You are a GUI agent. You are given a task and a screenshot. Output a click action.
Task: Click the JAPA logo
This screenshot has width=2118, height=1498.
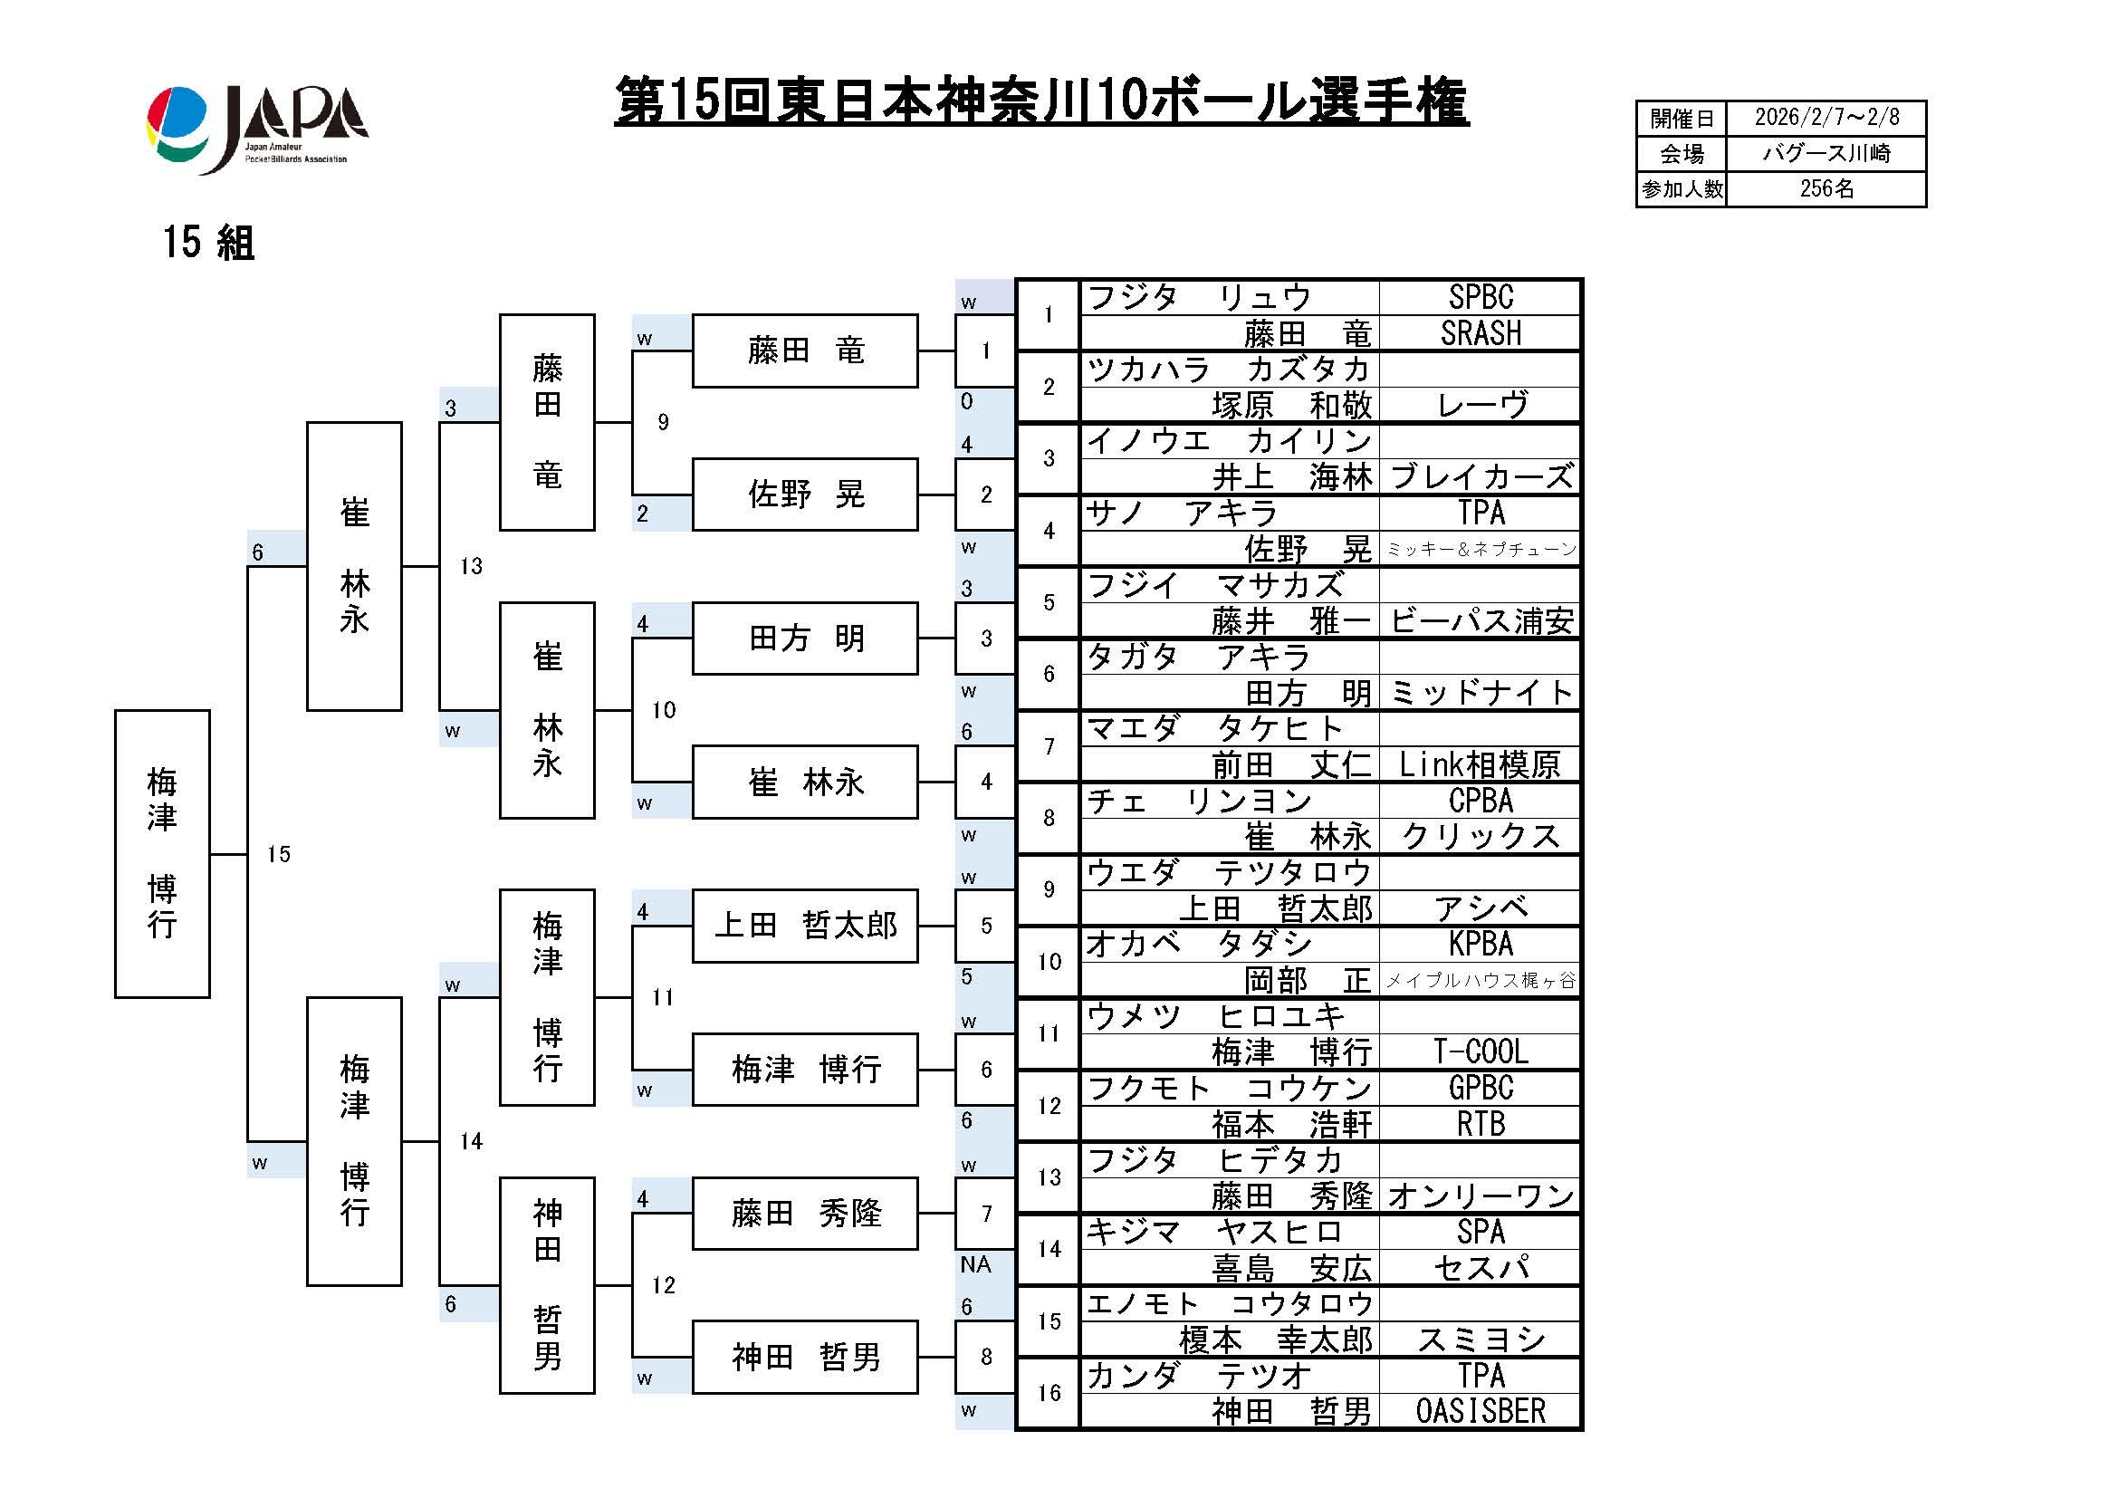(257, 129)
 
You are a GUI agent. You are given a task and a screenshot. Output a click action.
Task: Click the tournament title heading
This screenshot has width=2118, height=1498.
(1040, 101)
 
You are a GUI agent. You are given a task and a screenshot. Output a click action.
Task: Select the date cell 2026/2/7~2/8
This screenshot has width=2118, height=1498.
(1826, 118)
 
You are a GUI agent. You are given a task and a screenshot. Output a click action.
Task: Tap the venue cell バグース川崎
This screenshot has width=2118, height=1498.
(1826, 153)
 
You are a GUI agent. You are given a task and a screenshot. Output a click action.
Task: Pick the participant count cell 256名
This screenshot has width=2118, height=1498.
(1826, 189)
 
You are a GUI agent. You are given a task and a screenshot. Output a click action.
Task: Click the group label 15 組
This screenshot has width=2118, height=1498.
(208, 243)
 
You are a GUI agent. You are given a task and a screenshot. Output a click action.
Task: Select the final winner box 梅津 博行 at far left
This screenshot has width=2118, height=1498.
(162, 853)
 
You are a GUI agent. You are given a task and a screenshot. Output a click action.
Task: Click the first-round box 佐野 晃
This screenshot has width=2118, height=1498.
(804, 495)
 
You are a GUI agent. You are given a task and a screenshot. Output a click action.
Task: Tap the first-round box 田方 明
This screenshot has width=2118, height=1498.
(804, 639)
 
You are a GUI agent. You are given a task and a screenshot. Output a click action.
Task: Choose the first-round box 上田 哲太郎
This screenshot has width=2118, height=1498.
(804, 926)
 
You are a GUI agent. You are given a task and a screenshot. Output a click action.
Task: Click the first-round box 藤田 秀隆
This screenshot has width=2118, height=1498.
(804, 1213)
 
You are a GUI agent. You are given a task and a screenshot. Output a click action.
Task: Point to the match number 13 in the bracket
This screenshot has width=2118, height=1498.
(472, 566)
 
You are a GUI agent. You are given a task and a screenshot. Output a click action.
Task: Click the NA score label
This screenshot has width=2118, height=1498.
(975, 1264)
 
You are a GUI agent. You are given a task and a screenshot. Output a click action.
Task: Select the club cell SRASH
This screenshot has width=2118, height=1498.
(1480, 333)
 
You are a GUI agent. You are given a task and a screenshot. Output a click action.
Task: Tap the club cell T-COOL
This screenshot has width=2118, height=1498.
(1480, 1051)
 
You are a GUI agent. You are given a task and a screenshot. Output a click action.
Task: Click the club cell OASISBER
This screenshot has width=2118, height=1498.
(1480, 1411)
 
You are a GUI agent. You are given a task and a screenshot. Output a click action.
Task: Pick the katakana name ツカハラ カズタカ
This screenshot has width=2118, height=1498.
(1228, 369)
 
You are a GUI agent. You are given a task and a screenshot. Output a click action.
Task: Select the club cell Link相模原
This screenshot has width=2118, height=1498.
(1480, 764)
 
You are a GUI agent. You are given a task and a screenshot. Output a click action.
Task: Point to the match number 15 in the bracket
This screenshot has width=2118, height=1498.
(279, 854)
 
